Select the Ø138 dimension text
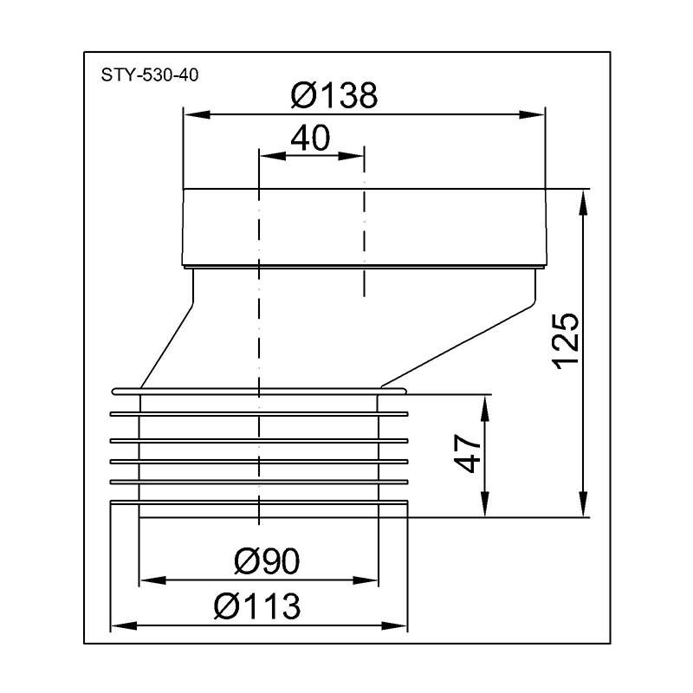click(x=334, y=95)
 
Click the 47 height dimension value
click(x=468, y=452)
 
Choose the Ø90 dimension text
click(x=266, y=562)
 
